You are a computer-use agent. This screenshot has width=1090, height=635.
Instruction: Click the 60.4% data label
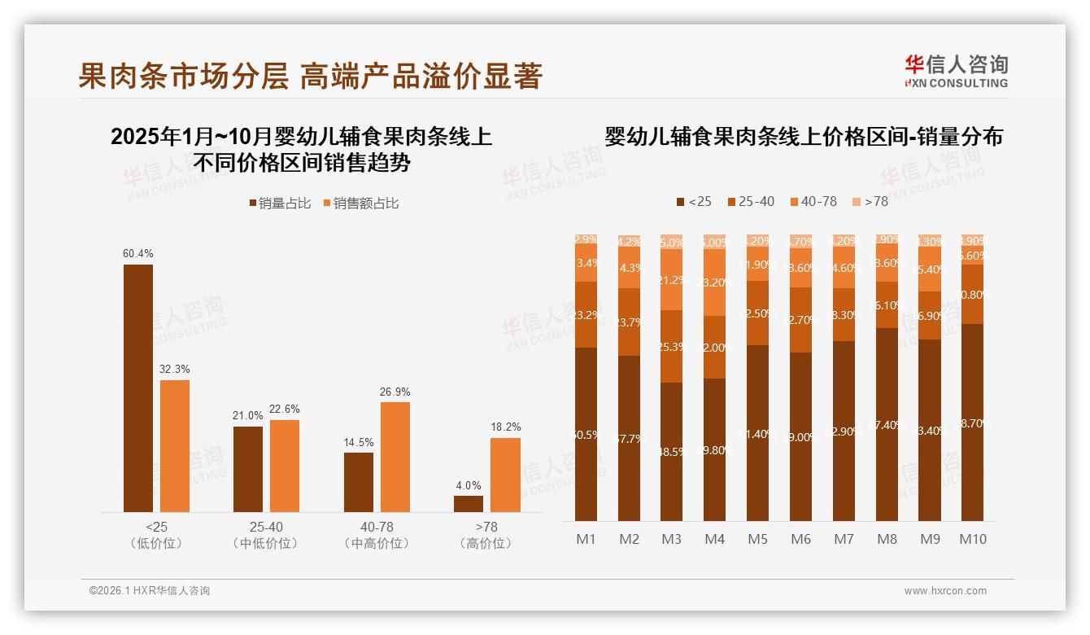[138, 253]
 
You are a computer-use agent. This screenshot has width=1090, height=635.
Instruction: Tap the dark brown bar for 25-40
[248, 469]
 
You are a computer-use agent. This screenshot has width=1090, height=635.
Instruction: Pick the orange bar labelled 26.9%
[395, 457]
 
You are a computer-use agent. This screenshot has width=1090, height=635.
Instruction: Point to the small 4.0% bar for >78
[469, 504]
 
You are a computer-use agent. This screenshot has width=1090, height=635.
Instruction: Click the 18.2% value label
[506, 427]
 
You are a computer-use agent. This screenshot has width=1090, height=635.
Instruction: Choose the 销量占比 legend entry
[280, 203]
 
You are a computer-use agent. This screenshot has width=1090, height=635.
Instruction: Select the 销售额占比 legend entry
[361, 203]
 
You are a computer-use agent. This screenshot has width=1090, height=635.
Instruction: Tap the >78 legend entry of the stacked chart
[870, 201]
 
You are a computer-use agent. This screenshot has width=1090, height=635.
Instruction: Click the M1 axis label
[586, 539]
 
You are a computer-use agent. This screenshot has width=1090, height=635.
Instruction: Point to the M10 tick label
[973, 539]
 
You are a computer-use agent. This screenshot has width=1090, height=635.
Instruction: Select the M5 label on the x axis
[757, 539]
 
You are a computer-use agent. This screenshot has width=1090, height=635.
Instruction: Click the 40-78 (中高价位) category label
[376, 535]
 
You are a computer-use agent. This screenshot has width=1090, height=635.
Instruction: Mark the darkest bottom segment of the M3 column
[671, 452]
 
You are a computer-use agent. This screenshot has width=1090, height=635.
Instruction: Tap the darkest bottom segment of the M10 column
[973, 423]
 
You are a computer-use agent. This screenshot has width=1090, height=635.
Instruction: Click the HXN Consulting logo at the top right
[956, 71]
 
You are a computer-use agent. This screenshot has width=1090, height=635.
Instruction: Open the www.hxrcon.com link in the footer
[945, 591]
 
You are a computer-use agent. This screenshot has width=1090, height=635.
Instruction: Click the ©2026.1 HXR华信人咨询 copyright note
[150, 591]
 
